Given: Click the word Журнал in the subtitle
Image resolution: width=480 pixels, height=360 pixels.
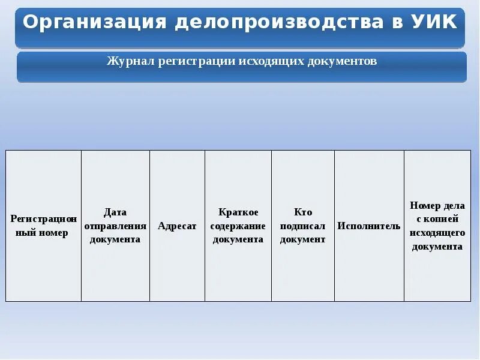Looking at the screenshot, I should pyautogui.click(x=131, y=61).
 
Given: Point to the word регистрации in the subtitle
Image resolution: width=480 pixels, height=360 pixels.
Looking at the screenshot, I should pyautogui.click(x=197, y=61).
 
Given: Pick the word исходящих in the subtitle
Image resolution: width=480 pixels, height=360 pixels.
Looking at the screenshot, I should pyautogui.click(x=272, y=61).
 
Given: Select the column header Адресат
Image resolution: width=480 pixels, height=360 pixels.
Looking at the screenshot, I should pyautogui.click(x=177, y=226).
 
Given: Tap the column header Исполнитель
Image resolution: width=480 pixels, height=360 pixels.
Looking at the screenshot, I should pyautogui.click(x=369, y=226).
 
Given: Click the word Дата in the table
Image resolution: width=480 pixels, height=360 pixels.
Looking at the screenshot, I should pyautogui.click(x=115, y=212).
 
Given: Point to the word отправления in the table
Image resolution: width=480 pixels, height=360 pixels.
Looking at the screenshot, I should pyautogui.click(x=115, y=226).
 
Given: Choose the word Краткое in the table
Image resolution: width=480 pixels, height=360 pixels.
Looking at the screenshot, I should pyautogui.click(x=238, y=212).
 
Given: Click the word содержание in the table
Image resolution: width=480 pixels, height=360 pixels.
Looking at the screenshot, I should pyautogui.click(x=238, y=226).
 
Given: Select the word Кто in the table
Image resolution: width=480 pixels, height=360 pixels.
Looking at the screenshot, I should pyautogui.click(x=303, y=212).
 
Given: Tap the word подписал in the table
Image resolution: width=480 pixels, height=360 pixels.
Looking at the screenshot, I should pyautogui.click(x=303, y=226).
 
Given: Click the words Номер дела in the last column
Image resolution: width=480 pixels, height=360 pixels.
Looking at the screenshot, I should pyautogui.click(x=437, y=206).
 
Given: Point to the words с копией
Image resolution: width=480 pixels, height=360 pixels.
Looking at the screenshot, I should pyautogui.click(x=437, y=219).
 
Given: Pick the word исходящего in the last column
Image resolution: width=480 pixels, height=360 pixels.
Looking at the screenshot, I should pyautogui.click(x=437, y=233).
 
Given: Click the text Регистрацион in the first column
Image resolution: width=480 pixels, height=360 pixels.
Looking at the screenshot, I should pyautogui.click(x=43, y=219).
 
